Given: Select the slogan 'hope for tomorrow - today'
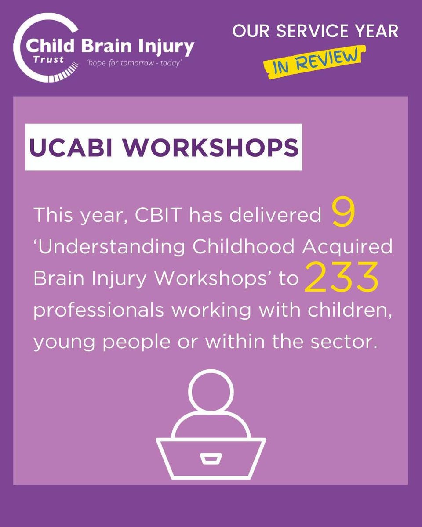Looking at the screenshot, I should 135,64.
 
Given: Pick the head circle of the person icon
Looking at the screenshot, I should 211,390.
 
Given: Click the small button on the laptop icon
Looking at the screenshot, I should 211,458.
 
